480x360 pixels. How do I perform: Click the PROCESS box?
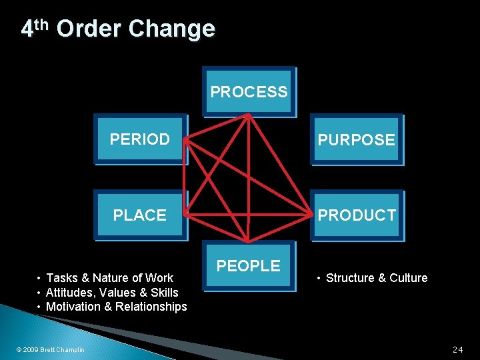tap(249, 92)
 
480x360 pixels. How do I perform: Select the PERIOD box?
tap(140, 139)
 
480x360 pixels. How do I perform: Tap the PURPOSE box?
tap(356, 140)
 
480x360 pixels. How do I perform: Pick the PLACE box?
tap(140, 215)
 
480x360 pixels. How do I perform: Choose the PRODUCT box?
tap(356, 215)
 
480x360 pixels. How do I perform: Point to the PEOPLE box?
tap(249, 265)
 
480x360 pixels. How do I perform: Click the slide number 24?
tap(457, 349)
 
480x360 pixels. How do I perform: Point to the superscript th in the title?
tap(41, 25)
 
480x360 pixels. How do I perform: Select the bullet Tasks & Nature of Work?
tap(109, 278)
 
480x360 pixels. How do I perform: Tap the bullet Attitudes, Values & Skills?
tap(112, 292)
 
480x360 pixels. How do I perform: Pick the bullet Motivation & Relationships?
tap(116, 307)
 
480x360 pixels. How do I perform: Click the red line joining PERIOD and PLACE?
tap(185, 177)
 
